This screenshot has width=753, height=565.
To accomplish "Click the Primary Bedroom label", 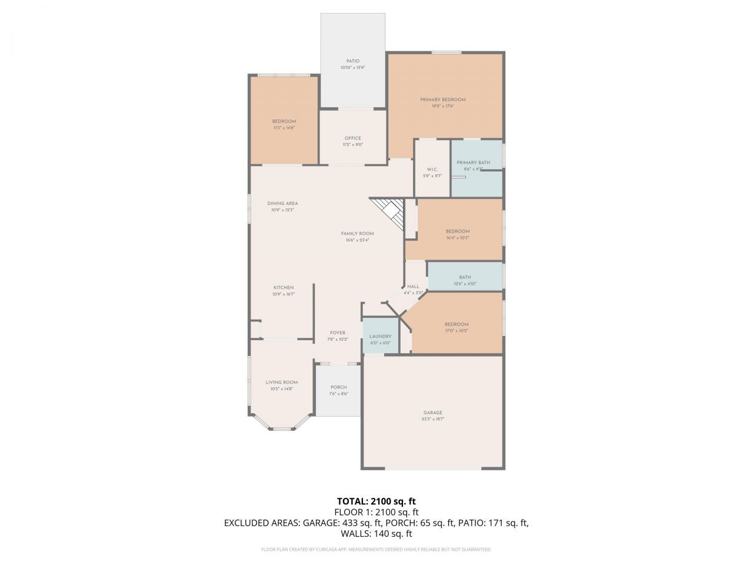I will [442, 99].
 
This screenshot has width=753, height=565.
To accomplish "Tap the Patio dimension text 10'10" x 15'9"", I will [352, 68].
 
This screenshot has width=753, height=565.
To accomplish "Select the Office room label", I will [353, 138].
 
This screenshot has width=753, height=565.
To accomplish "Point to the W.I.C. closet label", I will [432, 169].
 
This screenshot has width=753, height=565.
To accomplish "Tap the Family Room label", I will [357, 234].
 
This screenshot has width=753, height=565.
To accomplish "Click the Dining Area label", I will [282, 204].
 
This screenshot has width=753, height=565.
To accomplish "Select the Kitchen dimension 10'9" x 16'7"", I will [283, 294].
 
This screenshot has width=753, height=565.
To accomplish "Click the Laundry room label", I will [380, 337].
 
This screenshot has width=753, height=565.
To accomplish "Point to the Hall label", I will [413, 287].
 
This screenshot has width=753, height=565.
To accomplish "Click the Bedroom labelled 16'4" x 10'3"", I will [457, 231].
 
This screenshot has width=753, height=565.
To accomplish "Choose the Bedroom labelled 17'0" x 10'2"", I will [457, 324].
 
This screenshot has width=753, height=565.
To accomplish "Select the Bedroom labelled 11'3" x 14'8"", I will [284, 121].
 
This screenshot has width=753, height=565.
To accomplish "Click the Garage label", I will [432, 413].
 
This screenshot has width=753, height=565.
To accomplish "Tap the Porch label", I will [338, 387].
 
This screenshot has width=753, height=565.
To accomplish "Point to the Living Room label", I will [281, 382].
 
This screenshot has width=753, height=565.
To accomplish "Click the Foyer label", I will [338, 333].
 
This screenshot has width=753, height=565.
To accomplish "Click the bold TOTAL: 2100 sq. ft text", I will [376, 501].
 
